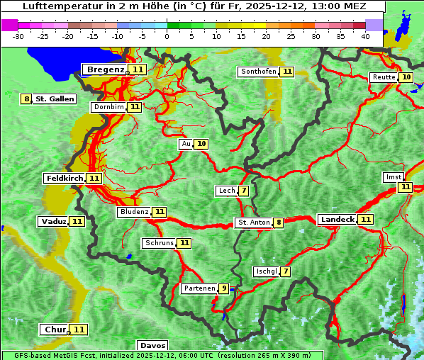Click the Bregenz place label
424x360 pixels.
click(106, 69)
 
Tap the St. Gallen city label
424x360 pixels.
click(55, 99)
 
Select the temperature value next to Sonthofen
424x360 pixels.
click(287, 72)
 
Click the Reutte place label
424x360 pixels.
click(383, 77)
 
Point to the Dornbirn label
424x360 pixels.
click(108, 107)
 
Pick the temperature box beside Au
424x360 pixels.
click(202, 144)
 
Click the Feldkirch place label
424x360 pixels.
click(65, 179)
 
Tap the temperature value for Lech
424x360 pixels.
click(244, 191)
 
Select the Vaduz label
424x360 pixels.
click(54, 222)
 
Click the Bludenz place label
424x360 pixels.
click(134, 212)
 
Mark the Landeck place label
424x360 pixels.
click(337, 220)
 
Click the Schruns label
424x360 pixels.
click(159, 243)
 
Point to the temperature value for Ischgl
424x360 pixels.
click(286, 271)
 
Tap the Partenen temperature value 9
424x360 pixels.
click(224, 288)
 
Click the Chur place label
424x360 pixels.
click(55, 330)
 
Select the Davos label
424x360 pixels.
click(152, 346)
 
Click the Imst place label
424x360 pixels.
click(393, 177)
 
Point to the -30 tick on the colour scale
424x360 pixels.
click(18, 36)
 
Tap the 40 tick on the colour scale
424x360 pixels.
click(365, 36)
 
